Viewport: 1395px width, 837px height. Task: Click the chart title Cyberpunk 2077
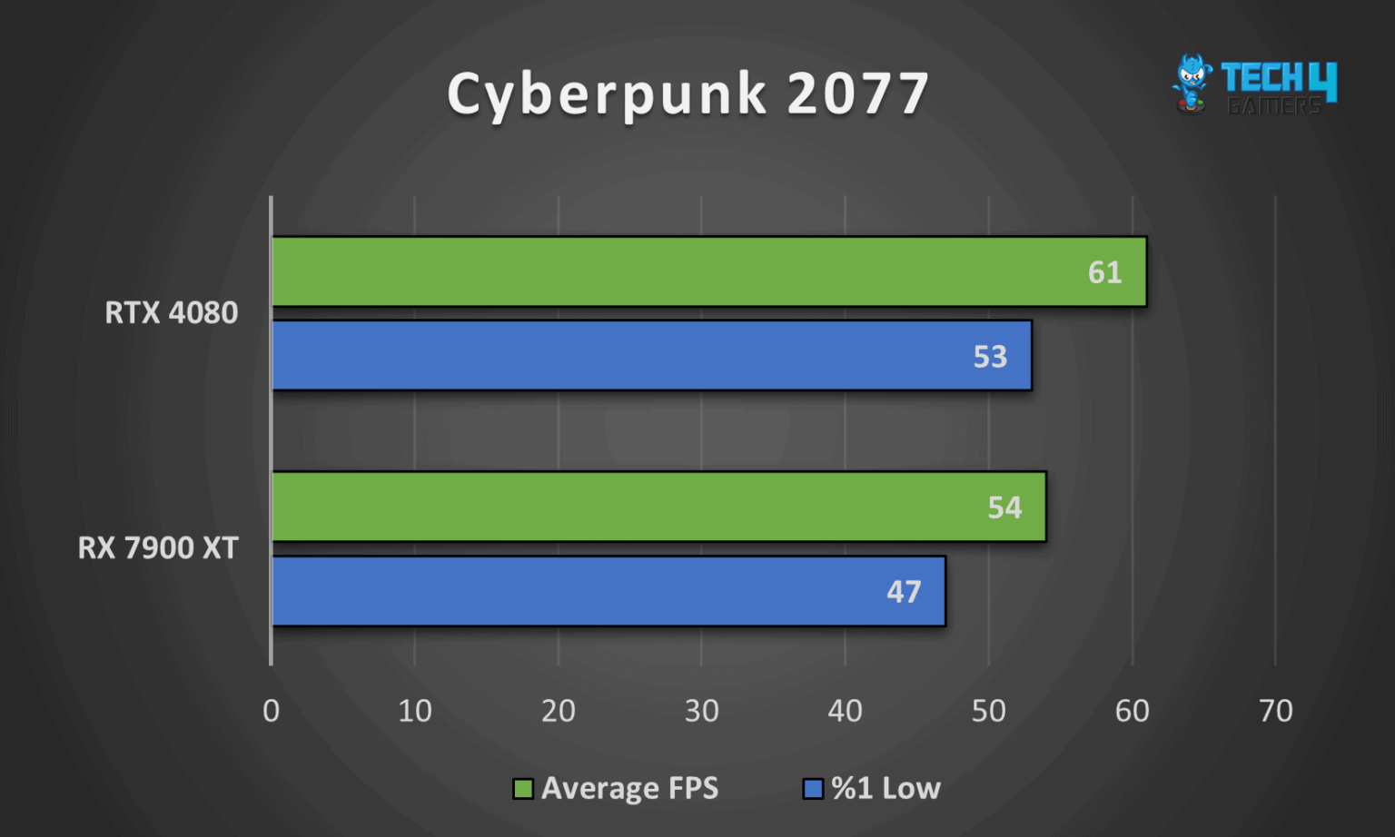coord(688,94)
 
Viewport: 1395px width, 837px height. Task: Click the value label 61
coord(1104,272)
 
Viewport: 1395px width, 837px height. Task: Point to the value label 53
coord(990,357)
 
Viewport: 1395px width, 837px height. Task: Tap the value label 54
coord(1004,507)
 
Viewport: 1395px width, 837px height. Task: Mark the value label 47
coord(904,592)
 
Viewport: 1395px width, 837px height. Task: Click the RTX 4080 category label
coord(171,313)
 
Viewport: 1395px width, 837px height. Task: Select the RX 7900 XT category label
coord(158,548)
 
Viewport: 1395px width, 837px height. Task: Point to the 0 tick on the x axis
coord(271,711)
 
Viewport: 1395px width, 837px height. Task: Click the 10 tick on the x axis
coord(415,711)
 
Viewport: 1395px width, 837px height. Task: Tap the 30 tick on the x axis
coord(701,711)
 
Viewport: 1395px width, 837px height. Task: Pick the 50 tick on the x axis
coord(988,711)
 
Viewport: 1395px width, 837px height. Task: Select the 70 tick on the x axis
coord(1275,711)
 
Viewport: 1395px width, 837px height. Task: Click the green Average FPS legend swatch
coord(522,789)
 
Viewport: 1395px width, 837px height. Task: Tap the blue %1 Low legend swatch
coord(813,789)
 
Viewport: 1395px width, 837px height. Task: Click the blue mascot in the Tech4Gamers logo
coord(1192,83)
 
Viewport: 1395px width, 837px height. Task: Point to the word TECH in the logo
coord(1262,78)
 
